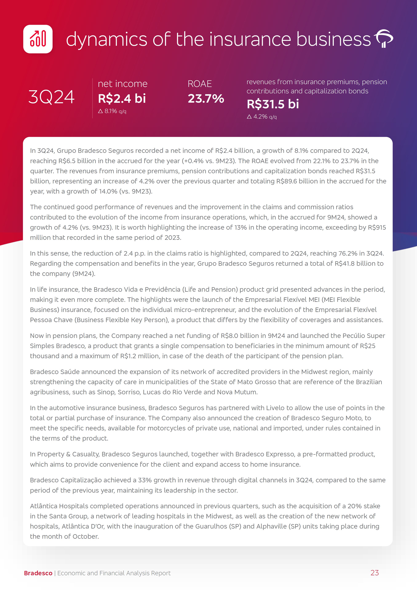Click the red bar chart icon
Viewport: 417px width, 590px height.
pos(38,39)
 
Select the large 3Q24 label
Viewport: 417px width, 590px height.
pos(52,97)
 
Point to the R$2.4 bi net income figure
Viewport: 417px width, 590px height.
pos(122,98)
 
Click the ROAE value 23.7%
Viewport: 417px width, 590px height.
pos(206,99)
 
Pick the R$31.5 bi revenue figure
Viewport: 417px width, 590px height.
pos(273,104)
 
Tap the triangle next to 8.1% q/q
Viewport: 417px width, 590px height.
pos(100,111)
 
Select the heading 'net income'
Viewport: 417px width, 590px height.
pos(122,84)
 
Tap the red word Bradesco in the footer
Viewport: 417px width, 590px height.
pos(38,573)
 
